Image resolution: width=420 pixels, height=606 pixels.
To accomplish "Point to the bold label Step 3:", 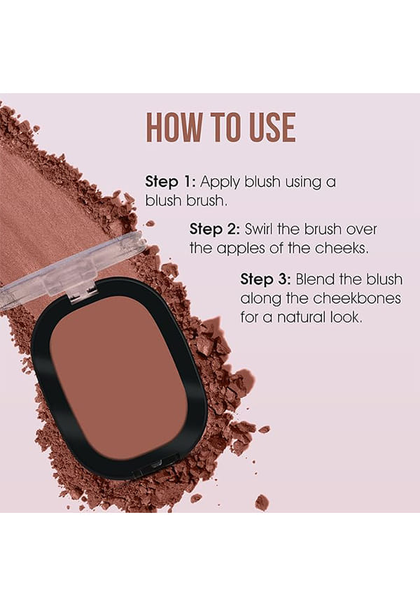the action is [266, 279].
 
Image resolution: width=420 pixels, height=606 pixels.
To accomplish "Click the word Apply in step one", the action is [220, 183].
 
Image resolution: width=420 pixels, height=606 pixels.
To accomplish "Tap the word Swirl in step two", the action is [259, 229].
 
